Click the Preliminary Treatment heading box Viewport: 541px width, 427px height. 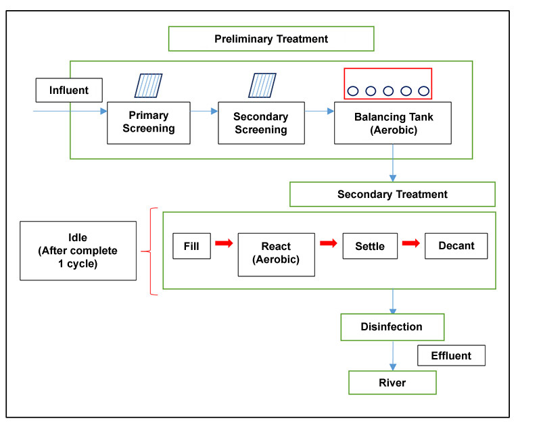pos(271,39)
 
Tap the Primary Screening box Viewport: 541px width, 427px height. pos(148,123)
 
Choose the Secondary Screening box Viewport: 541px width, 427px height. pos(260,123)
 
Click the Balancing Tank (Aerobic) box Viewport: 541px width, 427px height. pos(393,123)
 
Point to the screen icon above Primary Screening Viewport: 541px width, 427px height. pos(148,86)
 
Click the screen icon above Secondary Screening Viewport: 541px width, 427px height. pos(262,86)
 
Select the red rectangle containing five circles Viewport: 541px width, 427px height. pos(387,84)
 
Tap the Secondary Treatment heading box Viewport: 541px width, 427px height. pos(392,194)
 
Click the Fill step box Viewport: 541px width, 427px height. pos(191,246)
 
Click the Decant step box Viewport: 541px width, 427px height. pos(456,246)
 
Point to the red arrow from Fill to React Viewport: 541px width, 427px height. pos(224,243)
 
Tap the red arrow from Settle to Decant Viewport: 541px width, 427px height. pos(410,243)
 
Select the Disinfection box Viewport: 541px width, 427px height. pos(392,327)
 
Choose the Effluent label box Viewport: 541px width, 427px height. pos(451,355)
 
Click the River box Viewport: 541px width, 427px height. pos(392,382)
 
